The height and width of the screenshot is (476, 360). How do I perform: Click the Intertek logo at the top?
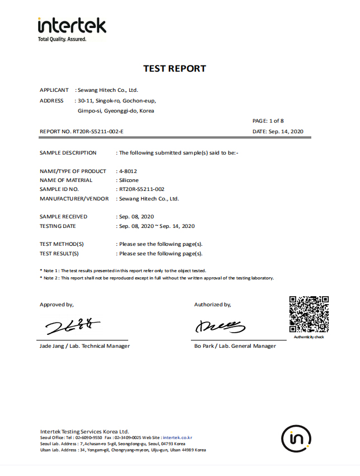coord(71,28)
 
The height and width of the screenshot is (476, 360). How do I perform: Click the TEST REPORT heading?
coord(175,68)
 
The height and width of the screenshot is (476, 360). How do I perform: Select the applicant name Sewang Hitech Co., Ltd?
coord(107,90)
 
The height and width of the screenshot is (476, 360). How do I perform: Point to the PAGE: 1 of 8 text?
coord(268,120)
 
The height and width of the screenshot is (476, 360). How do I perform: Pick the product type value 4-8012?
coord(128,171)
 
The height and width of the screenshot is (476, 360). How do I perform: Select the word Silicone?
coord(129,180)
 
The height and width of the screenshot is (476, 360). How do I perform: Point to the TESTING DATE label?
coord(58,226)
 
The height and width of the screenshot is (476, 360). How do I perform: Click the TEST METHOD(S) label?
coord(62,244)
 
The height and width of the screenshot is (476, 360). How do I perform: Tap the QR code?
coord(308,315)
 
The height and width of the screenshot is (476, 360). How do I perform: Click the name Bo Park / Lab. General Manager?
coord(235,346)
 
